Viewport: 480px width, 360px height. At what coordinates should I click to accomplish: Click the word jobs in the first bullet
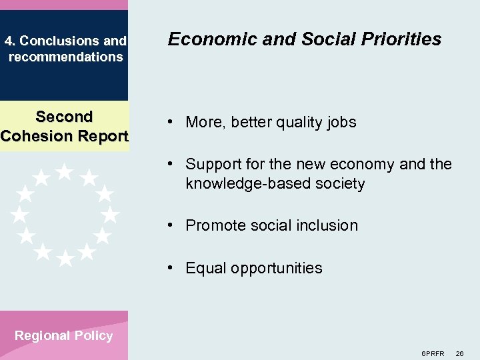click(341, 123)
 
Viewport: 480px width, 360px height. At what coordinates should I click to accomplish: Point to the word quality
click(297, 123)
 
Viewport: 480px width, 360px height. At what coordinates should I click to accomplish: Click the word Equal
click(204, 269)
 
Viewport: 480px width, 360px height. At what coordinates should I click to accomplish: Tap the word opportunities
click(275, 269)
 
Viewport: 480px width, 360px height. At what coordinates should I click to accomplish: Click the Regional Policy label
click(64, 336)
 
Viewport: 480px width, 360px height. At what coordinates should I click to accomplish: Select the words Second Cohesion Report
click(64, 127)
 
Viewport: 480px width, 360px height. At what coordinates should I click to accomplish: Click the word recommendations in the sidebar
click(66, 57)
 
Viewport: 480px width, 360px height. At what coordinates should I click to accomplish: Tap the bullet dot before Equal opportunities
click(172, 268)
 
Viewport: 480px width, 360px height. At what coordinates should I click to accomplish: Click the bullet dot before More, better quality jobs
click(172, 122)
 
